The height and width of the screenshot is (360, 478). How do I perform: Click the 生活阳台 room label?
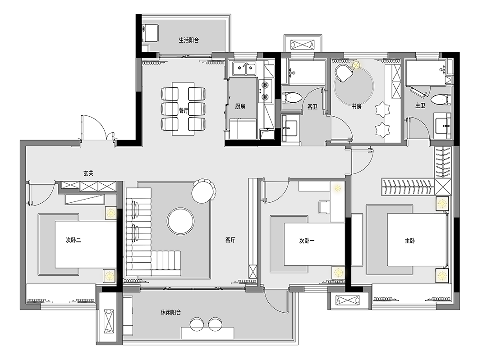[188, 40]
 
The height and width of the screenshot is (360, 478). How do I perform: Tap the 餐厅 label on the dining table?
[183, 110]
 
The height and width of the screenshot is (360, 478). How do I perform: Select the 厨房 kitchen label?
[240, 106]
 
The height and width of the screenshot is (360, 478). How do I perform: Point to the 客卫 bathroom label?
[312, 107]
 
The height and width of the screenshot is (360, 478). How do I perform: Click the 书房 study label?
[356, 106]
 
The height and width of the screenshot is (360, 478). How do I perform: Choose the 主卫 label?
[420, 106]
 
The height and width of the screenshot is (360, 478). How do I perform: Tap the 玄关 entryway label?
[88, 173]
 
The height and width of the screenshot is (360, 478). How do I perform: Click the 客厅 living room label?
[230, 240]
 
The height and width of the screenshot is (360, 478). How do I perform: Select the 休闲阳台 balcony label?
[171, 313]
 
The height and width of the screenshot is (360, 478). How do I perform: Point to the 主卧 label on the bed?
[409, 241]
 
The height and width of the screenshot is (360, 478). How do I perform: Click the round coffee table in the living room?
[180, 221]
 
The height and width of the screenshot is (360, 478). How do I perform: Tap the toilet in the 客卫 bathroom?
[293, 98]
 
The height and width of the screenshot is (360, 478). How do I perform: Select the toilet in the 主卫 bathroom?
[439, 100]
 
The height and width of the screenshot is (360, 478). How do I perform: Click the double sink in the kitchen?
[244, 69]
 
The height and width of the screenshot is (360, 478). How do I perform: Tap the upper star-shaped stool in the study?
[382, 110]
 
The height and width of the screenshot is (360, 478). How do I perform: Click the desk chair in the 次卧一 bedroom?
[324, 208]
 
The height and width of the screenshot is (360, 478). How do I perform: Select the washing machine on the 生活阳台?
[151, 33]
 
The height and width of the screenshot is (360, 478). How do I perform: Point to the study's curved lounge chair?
[344, 73]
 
